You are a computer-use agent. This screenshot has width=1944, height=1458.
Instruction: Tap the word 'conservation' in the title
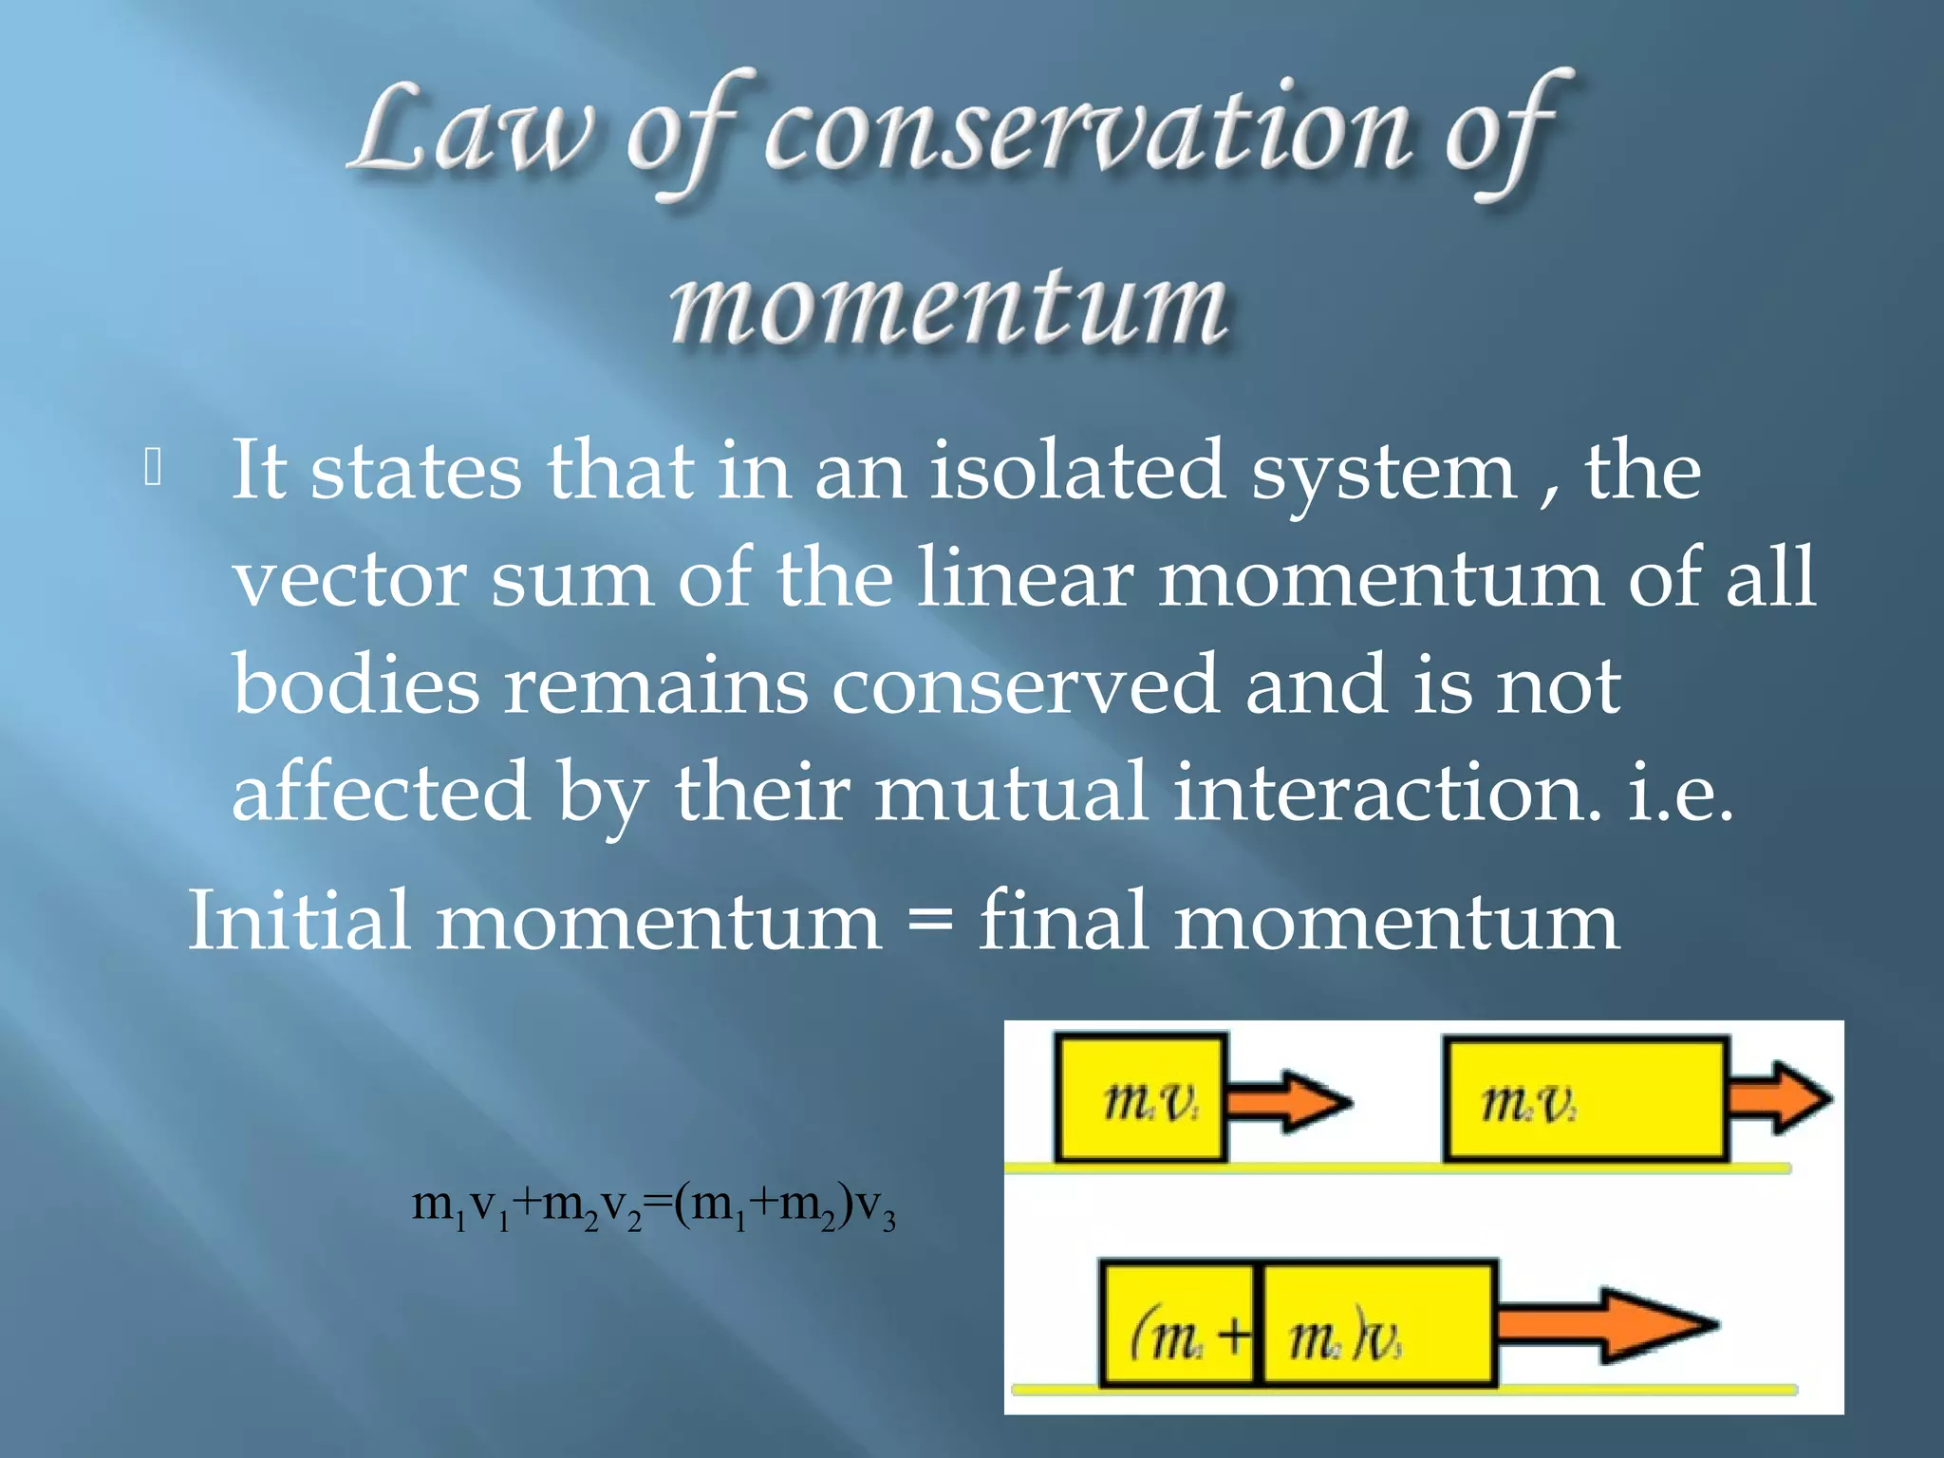pos(1087,133)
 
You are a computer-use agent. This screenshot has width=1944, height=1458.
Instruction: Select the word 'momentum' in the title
pos(948,306)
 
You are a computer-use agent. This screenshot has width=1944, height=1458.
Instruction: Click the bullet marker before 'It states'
pos(153,469)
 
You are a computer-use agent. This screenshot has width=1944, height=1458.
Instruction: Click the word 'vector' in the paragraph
pos(349,578)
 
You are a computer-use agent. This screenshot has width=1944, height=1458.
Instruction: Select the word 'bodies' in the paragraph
pos(356,684)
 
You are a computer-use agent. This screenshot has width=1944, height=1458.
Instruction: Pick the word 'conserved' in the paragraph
pos(1025,684)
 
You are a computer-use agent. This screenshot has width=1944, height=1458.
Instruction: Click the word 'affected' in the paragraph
pos(381,792)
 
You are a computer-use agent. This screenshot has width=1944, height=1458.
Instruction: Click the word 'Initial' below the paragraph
pos(299,920)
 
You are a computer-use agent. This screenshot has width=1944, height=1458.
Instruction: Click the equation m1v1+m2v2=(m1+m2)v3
pos(653,1207)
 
